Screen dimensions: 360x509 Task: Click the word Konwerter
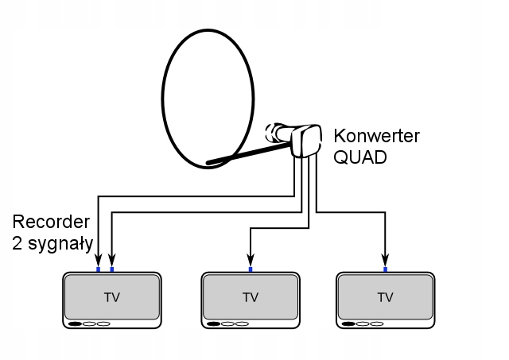[376, 136]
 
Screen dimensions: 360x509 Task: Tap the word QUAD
[360, 157]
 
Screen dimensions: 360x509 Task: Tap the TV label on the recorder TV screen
[111, 297]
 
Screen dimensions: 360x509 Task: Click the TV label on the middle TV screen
[251, 297]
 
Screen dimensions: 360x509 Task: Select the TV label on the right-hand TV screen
[386, 297]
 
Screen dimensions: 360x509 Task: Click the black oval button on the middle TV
[213, 323]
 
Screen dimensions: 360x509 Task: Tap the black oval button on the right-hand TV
[348, 323]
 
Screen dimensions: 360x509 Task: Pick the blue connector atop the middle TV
[251, 270]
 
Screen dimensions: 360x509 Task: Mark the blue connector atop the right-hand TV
[386, 270]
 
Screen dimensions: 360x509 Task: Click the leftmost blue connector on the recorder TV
[98, 270]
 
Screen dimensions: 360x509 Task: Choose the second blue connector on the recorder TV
[111, 270]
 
